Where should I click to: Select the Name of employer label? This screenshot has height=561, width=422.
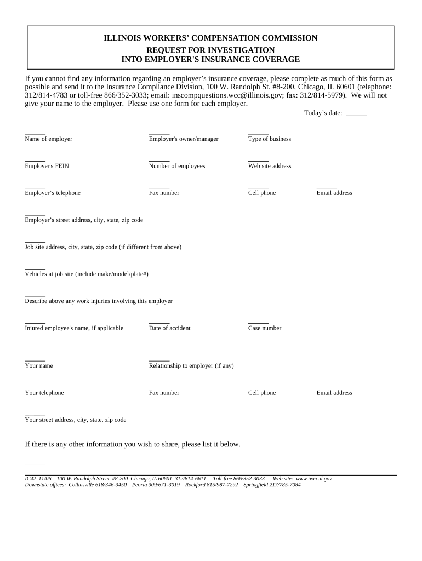pos(48,139)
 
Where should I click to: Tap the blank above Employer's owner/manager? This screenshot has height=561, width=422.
pos(159,133)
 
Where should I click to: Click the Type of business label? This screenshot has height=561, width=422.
pos(270,139)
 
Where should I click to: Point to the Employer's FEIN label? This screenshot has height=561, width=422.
pos(47,166)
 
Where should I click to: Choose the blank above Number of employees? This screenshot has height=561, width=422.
pos(159,160)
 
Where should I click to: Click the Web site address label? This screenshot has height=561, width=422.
pos(270,166)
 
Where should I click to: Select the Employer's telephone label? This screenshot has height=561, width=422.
pos(53,193)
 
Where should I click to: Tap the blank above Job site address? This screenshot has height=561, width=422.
pos(35,241)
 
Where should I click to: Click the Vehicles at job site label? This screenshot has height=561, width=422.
pos(87,274)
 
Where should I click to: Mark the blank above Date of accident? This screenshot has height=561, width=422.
pos(159,322)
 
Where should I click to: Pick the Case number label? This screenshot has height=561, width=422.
pos(265,328)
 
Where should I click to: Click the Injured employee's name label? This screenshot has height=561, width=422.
pos(74,328)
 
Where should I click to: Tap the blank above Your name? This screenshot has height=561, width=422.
pos(35,359)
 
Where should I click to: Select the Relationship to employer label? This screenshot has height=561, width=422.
pos(191,365)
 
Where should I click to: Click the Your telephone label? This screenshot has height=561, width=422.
pos(44,393)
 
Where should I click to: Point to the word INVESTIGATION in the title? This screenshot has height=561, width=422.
pos(244,50)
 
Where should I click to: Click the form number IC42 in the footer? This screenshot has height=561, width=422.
pos(31,479)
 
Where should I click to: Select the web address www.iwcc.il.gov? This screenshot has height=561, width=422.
pos(313,479)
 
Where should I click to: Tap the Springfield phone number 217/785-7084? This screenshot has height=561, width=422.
pos(287,485)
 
